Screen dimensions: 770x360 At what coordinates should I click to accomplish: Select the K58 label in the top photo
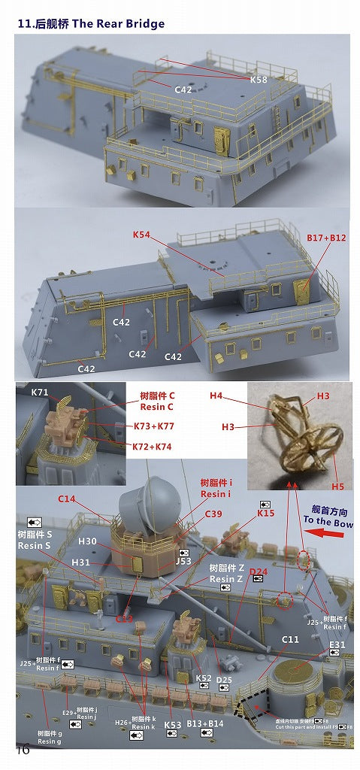[x=259, y=79]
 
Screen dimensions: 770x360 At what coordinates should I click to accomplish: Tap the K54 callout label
[x=142, y=235]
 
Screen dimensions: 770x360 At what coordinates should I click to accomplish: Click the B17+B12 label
[x=326, y=237]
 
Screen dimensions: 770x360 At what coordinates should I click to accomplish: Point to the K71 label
[x=39, y=393]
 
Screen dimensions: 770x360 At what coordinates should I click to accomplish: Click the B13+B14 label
[x=204, y=725]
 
